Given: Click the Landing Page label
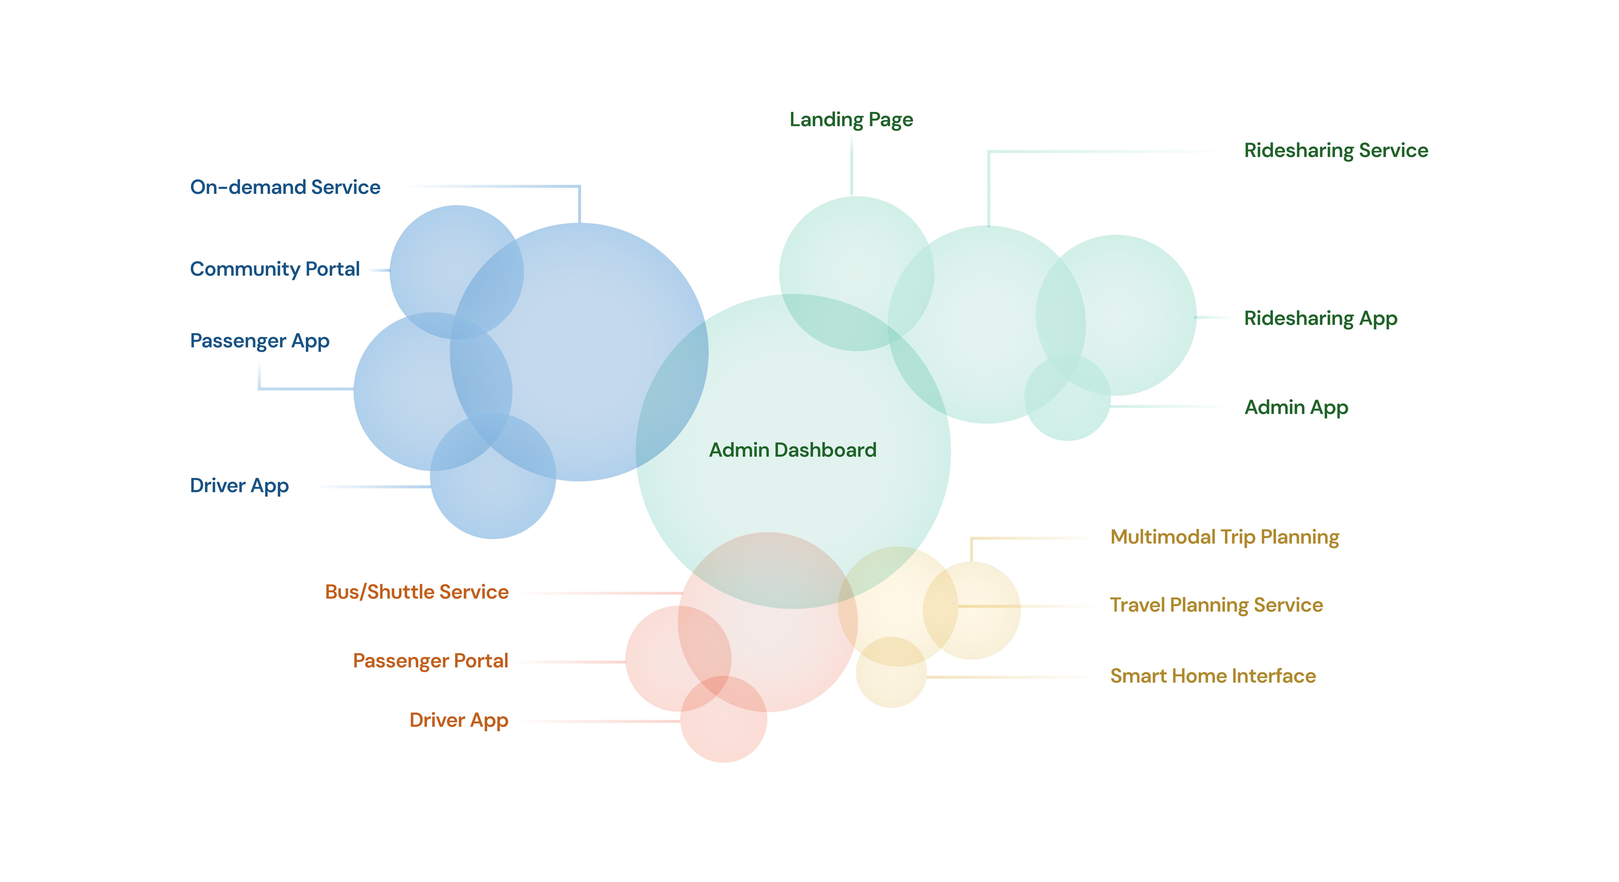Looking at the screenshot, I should pyautogui.click(x=851, y=119).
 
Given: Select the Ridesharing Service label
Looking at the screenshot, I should pyautogui.click(x=1335, y=150).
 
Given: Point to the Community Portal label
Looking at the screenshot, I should pyautogui.click(x=275, y=269).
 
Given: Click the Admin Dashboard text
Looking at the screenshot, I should pyautogui.click(x=792, y=450).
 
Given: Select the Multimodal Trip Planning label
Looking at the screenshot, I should pyautogui.click(x=1224, y=537).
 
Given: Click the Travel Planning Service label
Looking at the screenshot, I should pyautogui.click(x=1216, y=605).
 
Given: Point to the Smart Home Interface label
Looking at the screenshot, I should pyautogui.click(x=1212, y=676).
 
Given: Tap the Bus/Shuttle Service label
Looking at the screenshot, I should pyautogui.click(x=417, y=592).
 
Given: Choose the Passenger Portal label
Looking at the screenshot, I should pyautogui.click(x=431, y=661).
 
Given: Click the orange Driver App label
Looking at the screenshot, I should pyautogui.click(x=459, y=720).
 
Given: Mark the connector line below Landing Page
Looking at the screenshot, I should pyautogui.click(x=851, y=167).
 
